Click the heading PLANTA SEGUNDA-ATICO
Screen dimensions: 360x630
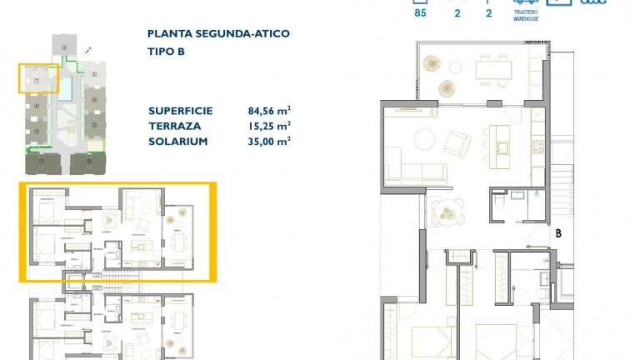[x=218, y=34]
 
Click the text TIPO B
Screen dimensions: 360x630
[x=166, y=51]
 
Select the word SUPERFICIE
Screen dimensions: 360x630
[x=181, y=111]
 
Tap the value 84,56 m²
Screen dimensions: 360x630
[x=268, y=110]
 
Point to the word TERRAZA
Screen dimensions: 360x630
[x=172, y=126]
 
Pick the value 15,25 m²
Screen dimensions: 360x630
[x=268, y=126]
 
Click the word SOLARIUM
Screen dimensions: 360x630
[x=177, y=142]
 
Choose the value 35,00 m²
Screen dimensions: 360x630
[x=268, y=142]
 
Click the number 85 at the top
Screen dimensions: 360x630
[x=420, y=12]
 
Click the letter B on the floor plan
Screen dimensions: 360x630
[x=557, y=234]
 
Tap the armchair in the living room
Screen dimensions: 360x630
[x=457, y=143]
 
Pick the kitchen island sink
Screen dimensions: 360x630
[x=502, y=147]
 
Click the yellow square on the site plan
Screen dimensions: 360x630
[x=38, y=77]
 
